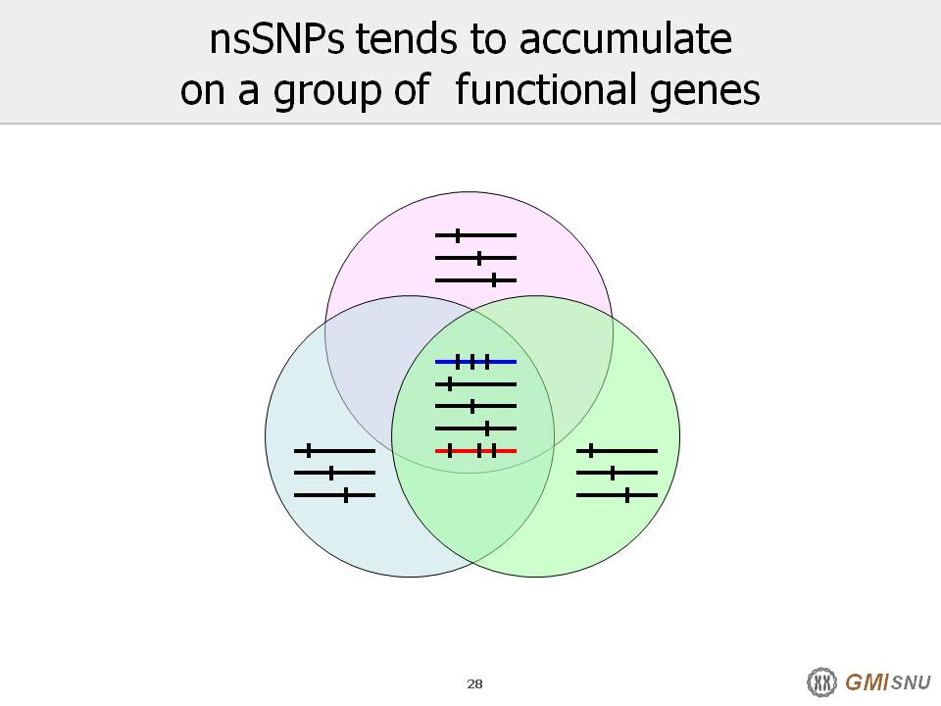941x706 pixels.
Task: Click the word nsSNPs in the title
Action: tap(276, 39)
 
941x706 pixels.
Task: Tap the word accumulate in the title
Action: tap(625, 39)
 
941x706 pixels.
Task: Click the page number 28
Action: tap(474, 683)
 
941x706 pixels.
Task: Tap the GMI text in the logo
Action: tap(867, 682)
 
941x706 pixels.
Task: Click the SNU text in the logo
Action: tap(911, 682)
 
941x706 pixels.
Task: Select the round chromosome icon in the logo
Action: tap(821, 682)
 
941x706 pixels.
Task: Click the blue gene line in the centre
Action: tap(476, 362)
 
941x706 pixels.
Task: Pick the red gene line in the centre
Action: tap(476, 451)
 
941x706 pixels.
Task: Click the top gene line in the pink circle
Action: tap(476, 235)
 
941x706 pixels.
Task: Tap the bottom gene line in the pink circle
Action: tap(476, 280)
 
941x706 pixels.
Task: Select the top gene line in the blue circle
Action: tap(335, 451)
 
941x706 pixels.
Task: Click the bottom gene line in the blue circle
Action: tap(335, 495)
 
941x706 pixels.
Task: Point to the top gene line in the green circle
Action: tap(617, 451)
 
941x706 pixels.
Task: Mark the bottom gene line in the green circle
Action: tap(617, 495)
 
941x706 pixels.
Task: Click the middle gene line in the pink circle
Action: tap(476, 258)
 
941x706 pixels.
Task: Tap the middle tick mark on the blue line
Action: tap(472, 362)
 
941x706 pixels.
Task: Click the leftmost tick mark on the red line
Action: tap(450, 451)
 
